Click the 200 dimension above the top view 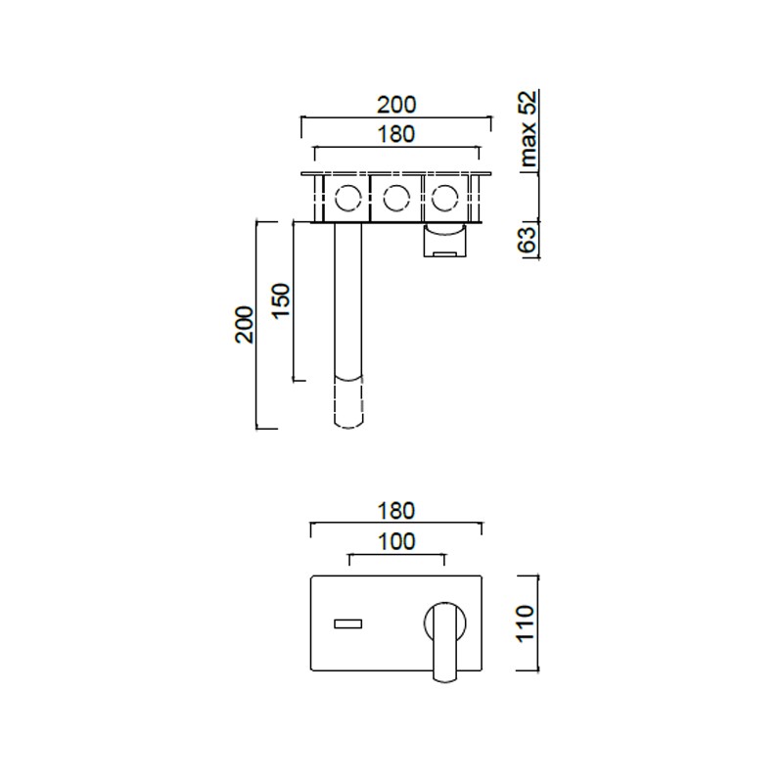[396, 105]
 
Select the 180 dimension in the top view [396, 134]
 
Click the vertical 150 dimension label [281, 299]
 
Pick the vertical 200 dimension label [244, 325]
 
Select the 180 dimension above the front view [396, 511]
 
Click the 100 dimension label [396, 542]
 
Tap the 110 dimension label [525, 623]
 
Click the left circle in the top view [335, 199]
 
